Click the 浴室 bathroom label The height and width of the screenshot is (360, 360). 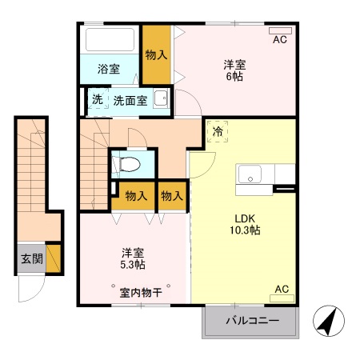click(109, 69)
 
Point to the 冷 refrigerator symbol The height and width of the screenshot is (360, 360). click(218, 131)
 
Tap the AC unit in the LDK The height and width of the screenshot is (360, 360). click(282, 298)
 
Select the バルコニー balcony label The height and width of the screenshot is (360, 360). click(250, 320)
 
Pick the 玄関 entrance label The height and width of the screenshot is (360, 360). click(32, 258)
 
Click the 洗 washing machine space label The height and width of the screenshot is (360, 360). click(96, 100)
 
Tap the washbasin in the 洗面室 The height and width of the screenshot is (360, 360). click(161, 99)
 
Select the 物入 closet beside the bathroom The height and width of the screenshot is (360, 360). click(156, 55)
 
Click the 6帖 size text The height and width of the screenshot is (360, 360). click(234, 76)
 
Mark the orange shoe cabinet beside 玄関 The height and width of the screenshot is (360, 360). click(54, 258)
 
